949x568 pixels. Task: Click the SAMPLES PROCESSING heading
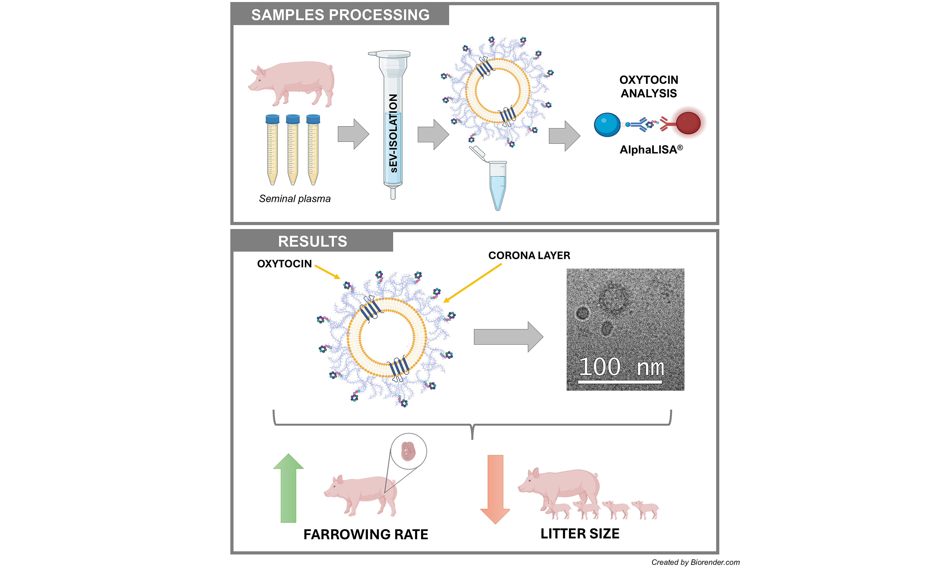pos(340,15)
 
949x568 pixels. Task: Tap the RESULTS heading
pos(312,242)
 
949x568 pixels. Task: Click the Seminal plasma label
pos(295,199)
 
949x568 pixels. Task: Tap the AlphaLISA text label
pos(650,150)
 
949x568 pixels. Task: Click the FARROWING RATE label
pos(365,534)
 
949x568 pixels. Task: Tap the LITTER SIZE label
pos(580,533)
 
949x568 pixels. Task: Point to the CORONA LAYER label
pos(529,255)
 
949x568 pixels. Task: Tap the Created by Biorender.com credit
pos(695,562)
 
